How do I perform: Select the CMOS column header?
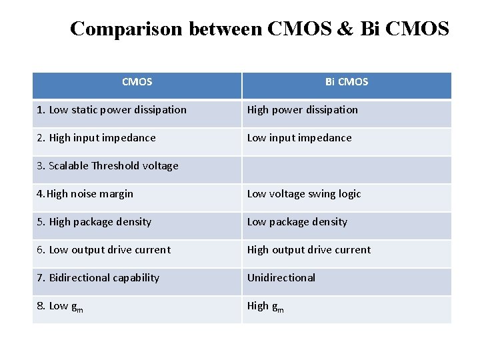[x=137, y=82]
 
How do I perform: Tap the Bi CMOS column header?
[x=347, y=82]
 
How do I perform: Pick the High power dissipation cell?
[x=303, y=110]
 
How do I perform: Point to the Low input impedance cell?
[x=299, y=138]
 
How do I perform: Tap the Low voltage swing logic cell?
[x=304, y=194]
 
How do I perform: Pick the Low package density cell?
[x=297, y=222]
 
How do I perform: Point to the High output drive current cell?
[x=309, y=250]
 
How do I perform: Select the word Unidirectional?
[x=281, y=278]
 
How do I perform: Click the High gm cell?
[x=265, y=306]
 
